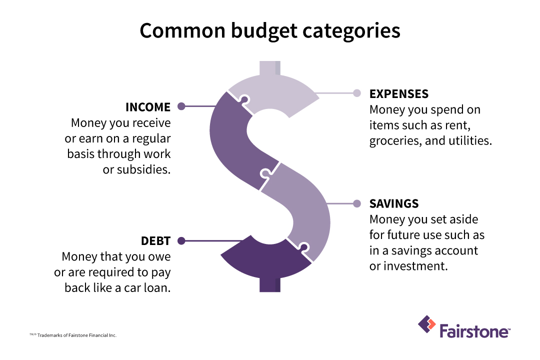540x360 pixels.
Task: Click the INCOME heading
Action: pos(148,107)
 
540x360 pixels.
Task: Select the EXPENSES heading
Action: pos(398,94)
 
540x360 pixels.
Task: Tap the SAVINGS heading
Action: pos(394,204)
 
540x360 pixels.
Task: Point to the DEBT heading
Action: pos(155,241)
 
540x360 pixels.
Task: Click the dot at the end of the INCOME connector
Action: pos(181,106)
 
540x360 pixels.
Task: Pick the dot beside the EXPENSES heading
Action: pos(357,93)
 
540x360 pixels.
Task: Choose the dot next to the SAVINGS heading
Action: pos(357,203)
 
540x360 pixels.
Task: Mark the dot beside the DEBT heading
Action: pos(181,240)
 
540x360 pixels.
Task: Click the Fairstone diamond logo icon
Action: pos(427,324)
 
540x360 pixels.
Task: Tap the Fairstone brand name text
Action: pos(474,331)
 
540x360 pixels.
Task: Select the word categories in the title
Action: pos(352,31)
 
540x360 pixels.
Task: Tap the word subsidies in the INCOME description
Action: pos(143,169)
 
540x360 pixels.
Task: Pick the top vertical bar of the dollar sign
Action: pos(270,68)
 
